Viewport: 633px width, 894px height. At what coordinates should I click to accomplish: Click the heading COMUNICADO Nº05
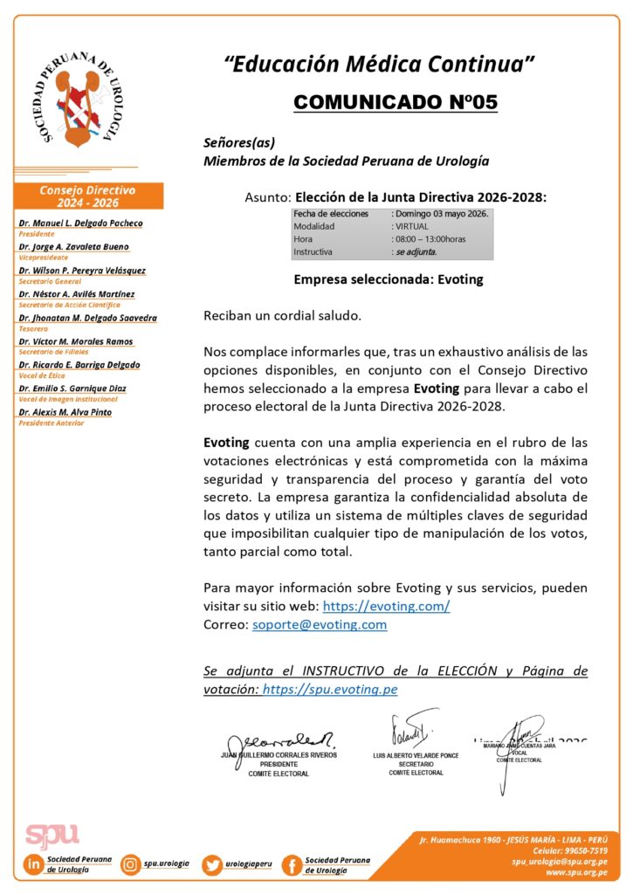(x=396, y=102)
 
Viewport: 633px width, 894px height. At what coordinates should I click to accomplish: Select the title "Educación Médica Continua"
(x=379, y=64)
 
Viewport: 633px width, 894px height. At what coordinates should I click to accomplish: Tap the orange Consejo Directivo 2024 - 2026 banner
(x=88, y=196)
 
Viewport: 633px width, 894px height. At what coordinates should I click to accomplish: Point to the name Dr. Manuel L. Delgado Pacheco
(x=80, y=223)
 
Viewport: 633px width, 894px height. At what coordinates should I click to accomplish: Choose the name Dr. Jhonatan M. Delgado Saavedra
(x=88, y=318)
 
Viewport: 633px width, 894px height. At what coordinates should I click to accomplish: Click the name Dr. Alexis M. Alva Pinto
(x=65, y=412)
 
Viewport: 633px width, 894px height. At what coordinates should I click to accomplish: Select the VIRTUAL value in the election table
(x=412, y=226)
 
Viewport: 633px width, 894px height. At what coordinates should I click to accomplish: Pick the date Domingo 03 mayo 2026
(x=442, y=213)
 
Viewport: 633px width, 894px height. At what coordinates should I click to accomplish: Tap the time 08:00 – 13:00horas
(x=430, y=238)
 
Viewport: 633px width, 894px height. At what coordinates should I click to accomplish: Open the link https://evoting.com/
(x=387, y=606)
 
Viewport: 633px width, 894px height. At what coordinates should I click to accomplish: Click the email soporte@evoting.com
(x=320, y=625)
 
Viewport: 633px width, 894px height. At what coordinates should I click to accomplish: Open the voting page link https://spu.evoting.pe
(x=330, y=690)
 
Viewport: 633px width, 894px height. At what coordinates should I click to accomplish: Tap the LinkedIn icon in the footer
(x=34, y=865)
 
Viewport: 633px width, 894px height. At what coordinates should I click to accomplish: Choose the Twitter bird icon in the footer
(x=212, y=865)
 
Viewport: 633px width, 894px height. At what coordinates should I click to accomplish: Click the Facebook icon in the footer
(x=292, y=865)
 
